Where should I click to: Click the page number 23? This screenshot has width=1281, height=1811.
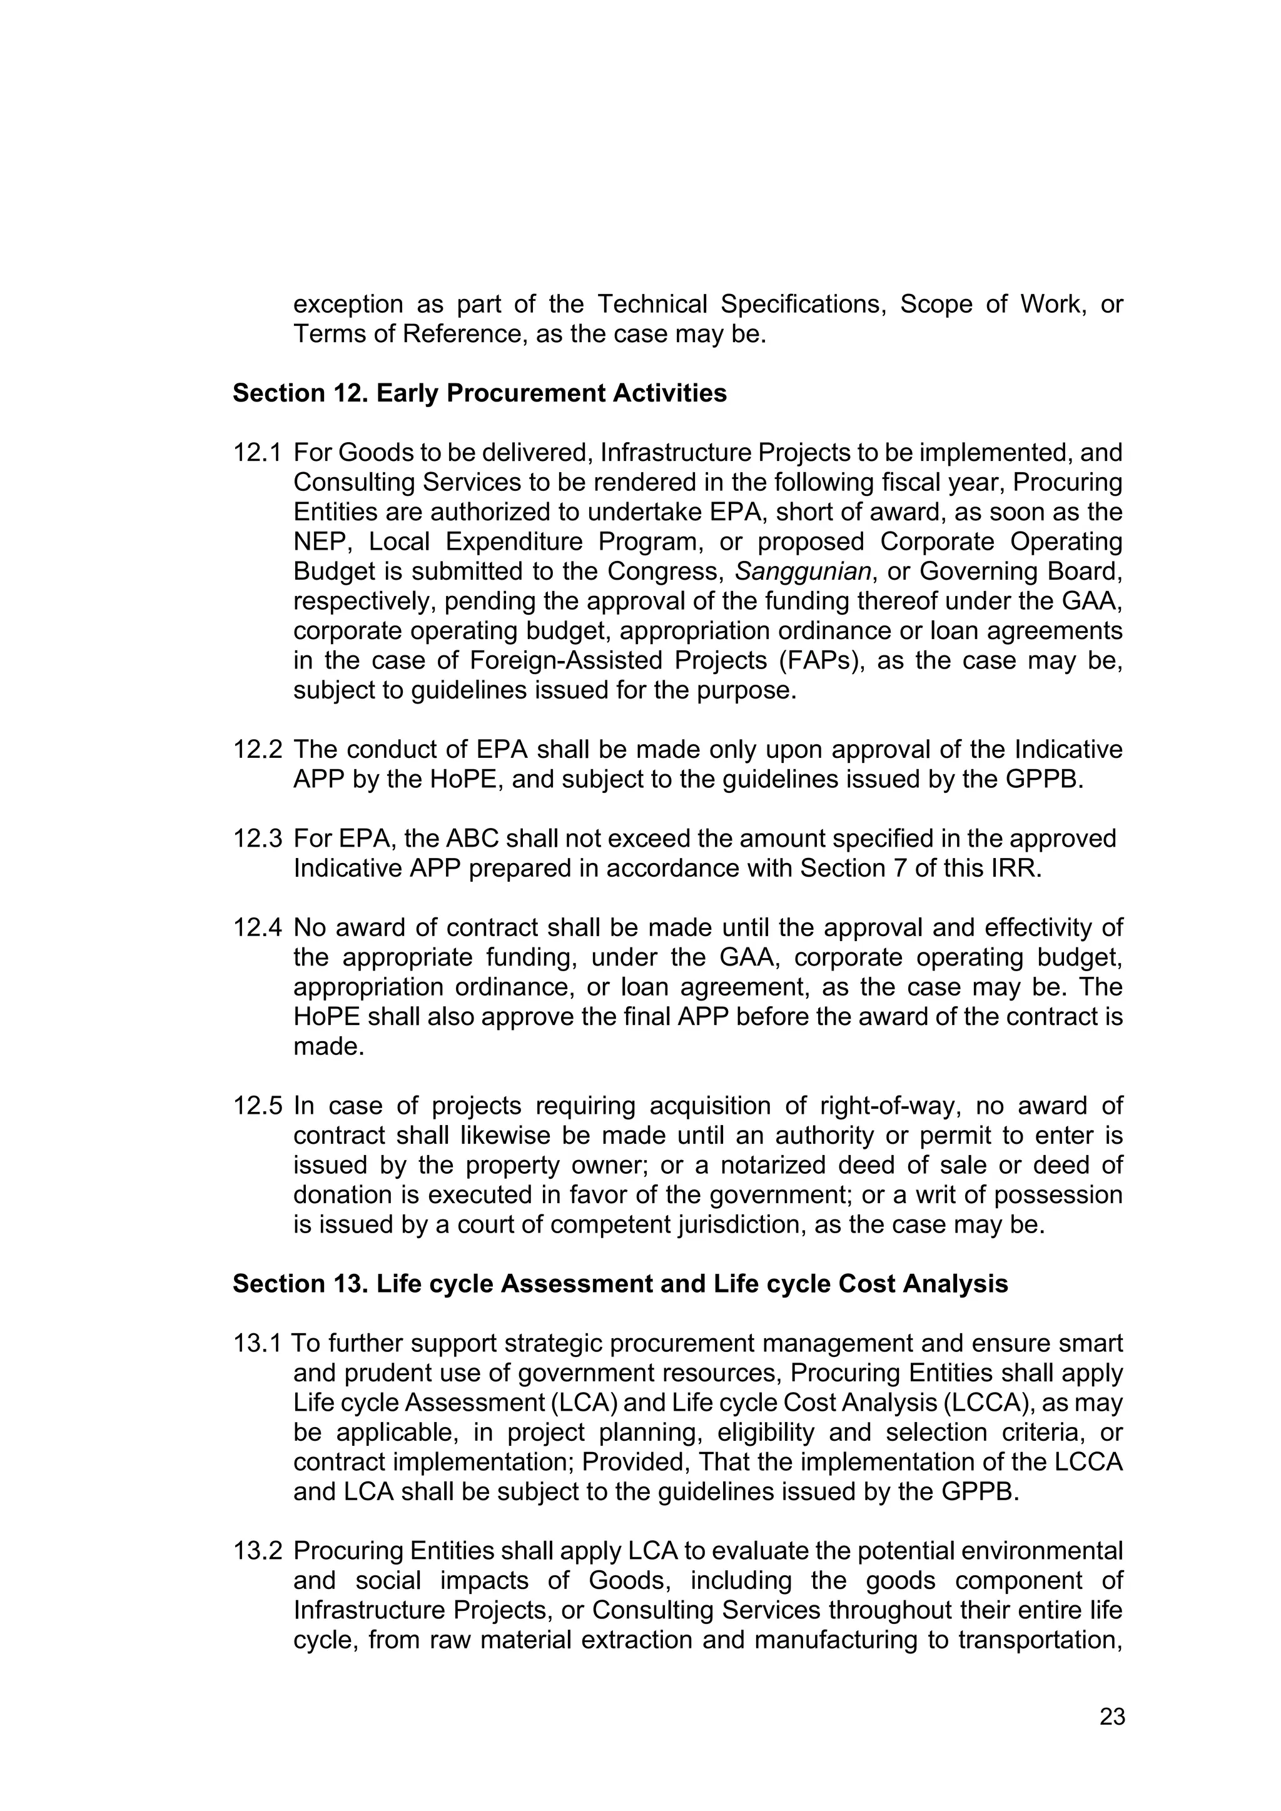click(x=1112, y=1717)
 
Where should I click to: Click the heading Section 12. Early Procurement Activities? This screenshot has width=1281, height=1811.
click(x=480, y=393)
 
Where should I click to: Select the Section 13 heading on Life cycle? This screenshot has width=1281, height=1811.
click(x=620, y=1283)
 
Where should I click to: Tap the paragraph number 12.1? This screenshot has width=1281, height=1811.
click(x=256, y=453)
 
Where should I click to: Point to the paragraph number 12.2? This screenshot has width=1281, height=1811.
click(x=256, y=749)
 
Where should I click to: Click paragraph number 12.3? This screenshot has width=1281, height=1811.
click(x=256, y=839)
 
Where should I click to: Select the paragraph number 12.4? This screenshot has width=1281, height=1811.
click(x=256, y=927)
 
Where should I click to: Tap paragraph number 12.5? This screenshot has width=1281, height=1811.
click(x=256, y=1106)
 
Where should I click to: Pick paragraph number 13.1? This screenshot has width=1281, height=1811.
click(x=256, y=1343)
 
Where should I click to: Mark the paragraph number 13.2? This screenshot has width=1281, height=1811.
click(x=256, y=1551)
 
